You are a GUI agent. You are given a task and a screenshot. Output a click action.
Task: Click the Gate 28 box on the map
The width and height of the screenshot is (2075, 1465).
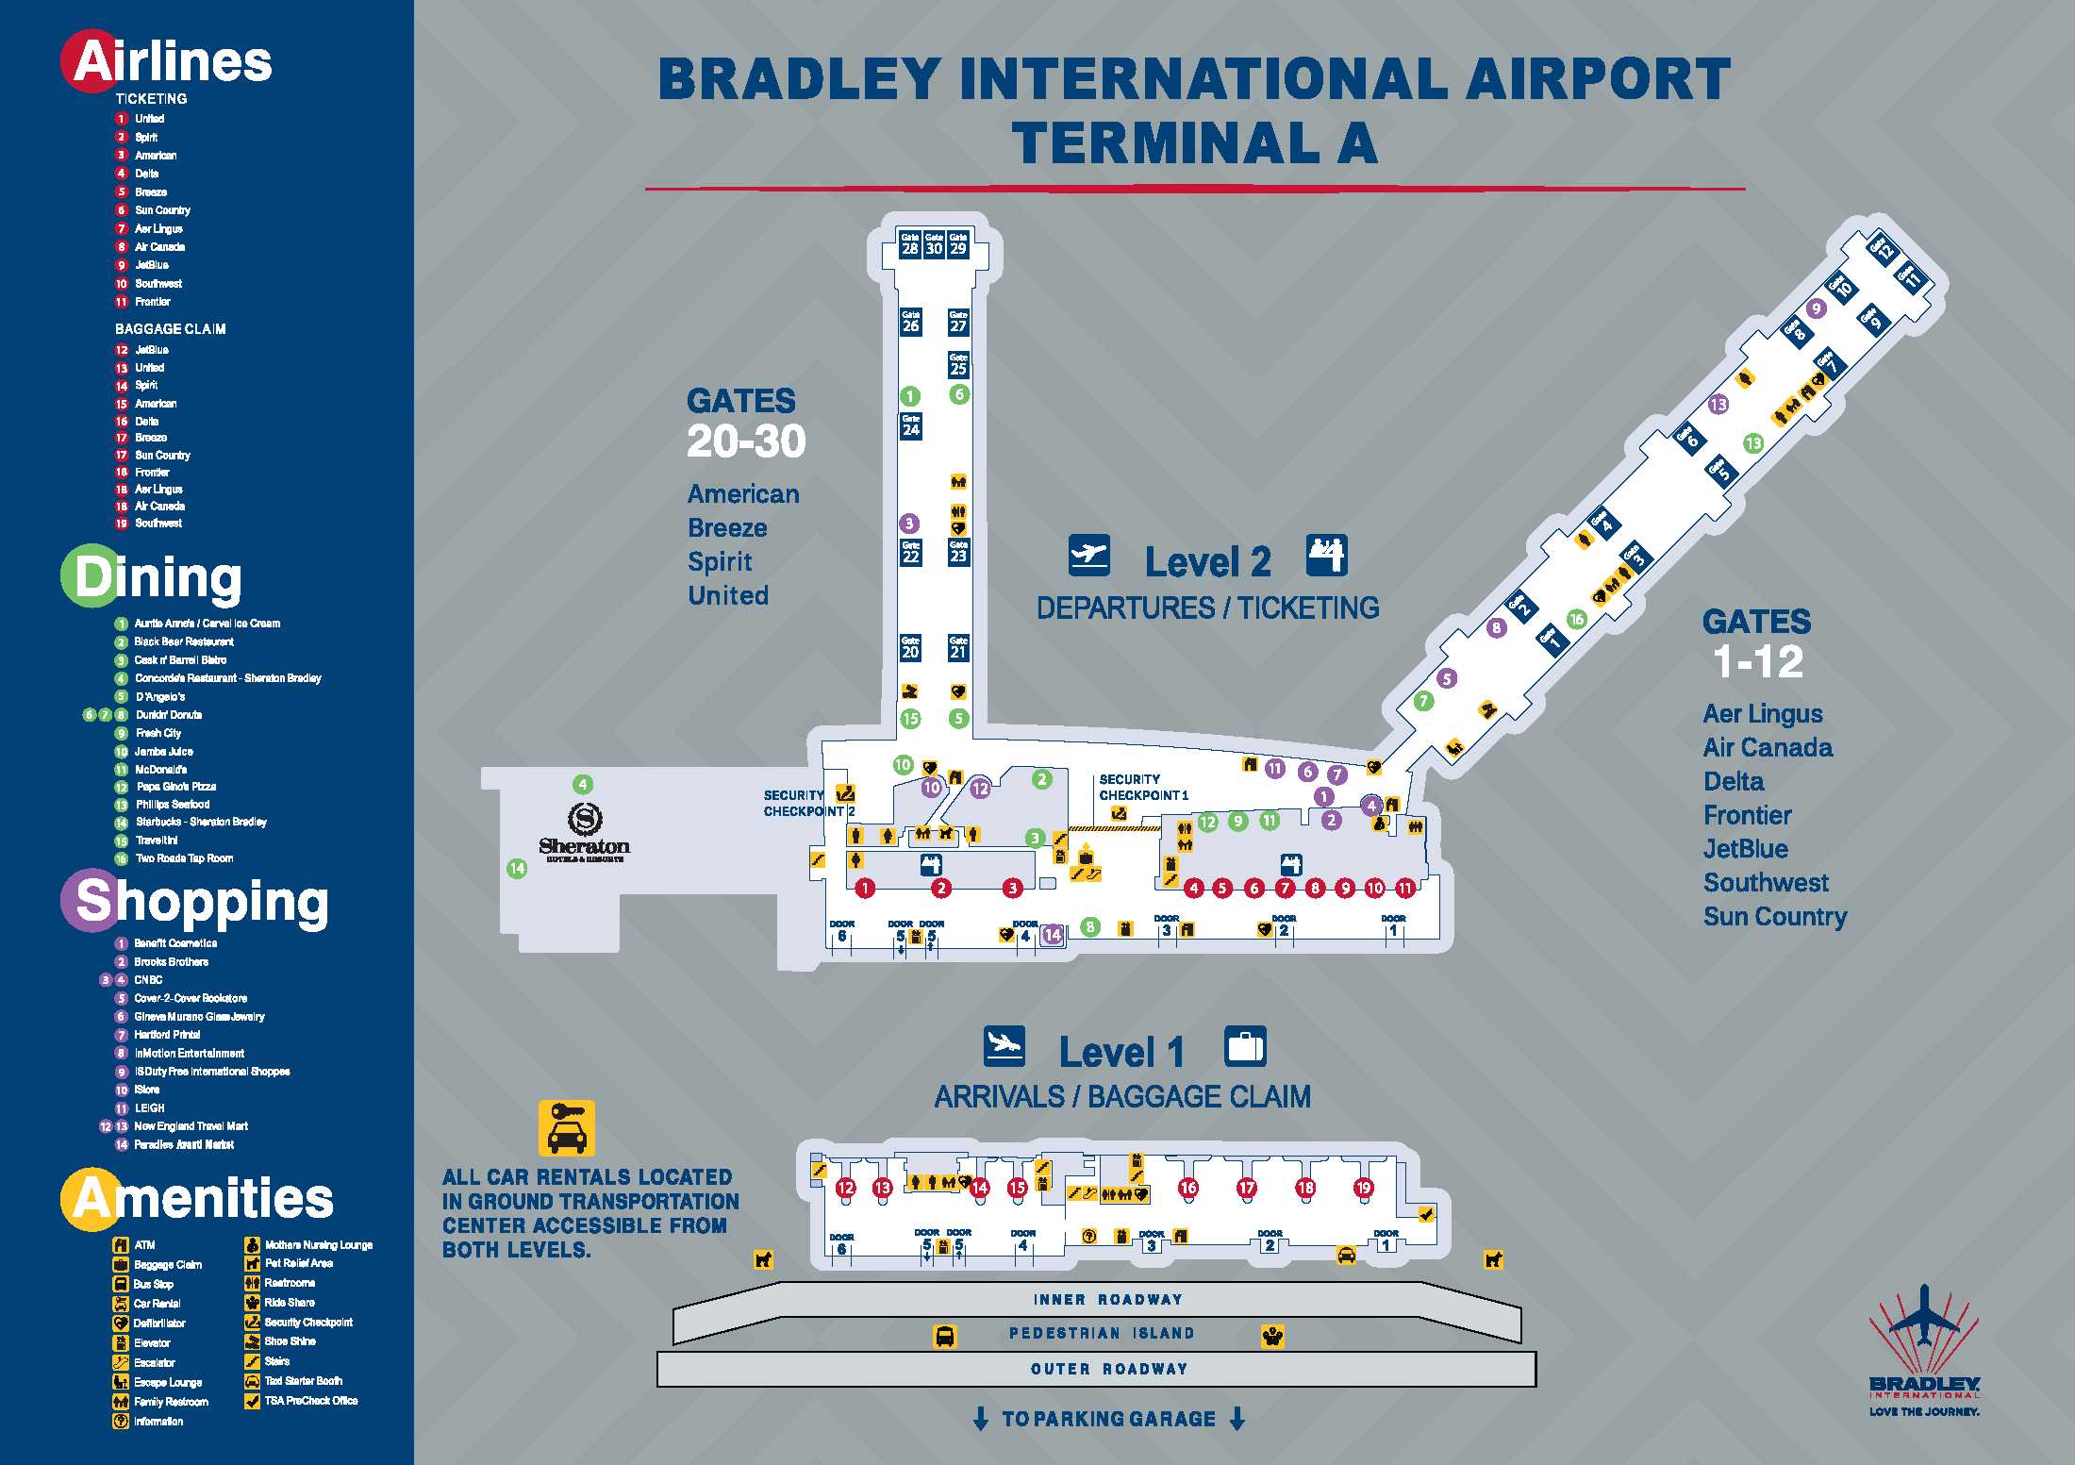[909, 244]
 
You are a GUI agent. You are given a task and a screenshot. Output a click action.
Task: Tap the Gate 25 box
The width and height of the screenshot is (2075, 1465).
[958, 364]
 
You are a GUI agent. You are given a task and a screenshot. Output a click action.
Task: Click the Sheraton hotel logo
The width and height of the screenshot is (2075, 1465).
[585, 831]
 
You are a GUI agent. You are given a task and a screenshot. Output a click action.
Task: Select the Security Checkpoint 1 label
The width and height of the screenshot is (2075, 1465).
[1143, 788]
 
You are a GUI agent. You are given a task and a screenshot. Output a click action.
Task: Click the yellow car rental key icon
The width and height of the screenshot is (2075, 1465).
[566, 1127]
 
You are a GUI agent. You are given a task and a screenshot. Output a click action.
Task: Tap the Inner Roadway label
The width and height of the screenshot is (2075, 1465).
[1107, 1300]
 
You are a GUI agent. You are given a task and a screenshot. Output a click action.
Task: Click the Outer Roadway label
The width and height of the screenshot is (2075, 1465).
[1108, 1369]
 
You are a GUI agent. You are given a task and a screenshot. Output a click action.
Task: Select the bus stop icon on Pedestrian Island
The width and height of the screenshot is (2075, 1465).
[944, 1336]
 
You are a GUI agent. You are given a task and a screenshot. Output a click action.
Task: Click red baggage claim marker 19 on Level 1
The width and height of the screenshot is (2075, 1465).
[1364, 1188]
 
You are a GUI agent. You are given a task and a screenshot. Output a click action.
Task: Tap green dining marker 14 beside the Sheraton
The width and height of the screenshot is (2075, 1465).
[517, 869]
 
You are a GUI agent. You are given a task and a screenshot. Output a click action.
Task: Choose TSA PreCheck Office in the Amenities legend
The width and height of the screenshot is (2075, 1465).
[310, 1401]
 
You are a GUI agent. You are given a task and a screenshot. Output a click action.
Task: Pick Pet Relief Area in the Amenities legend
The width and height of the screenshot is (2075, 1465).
[298, 1263]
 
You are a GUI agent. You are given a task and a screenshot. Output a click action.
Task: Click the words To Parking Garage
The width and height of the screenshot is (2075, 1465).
[1108, 1419]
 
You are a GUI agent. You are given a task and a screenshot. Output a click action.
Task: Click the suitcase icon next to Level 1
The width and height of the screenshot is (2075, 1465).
[1245, 1046]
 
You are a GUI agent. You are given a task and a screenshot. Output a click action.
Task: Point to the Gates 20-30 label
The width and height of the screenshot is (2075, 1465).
[745, 423]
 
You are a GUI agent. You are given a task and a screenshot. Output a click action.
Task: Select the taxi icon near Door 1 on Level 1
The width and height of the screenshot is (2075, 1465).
[1347, 1255]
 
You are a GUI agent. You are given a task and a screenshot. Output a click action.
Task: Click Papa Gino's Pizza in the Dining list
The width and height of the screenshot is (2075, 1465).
[175, 787]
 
